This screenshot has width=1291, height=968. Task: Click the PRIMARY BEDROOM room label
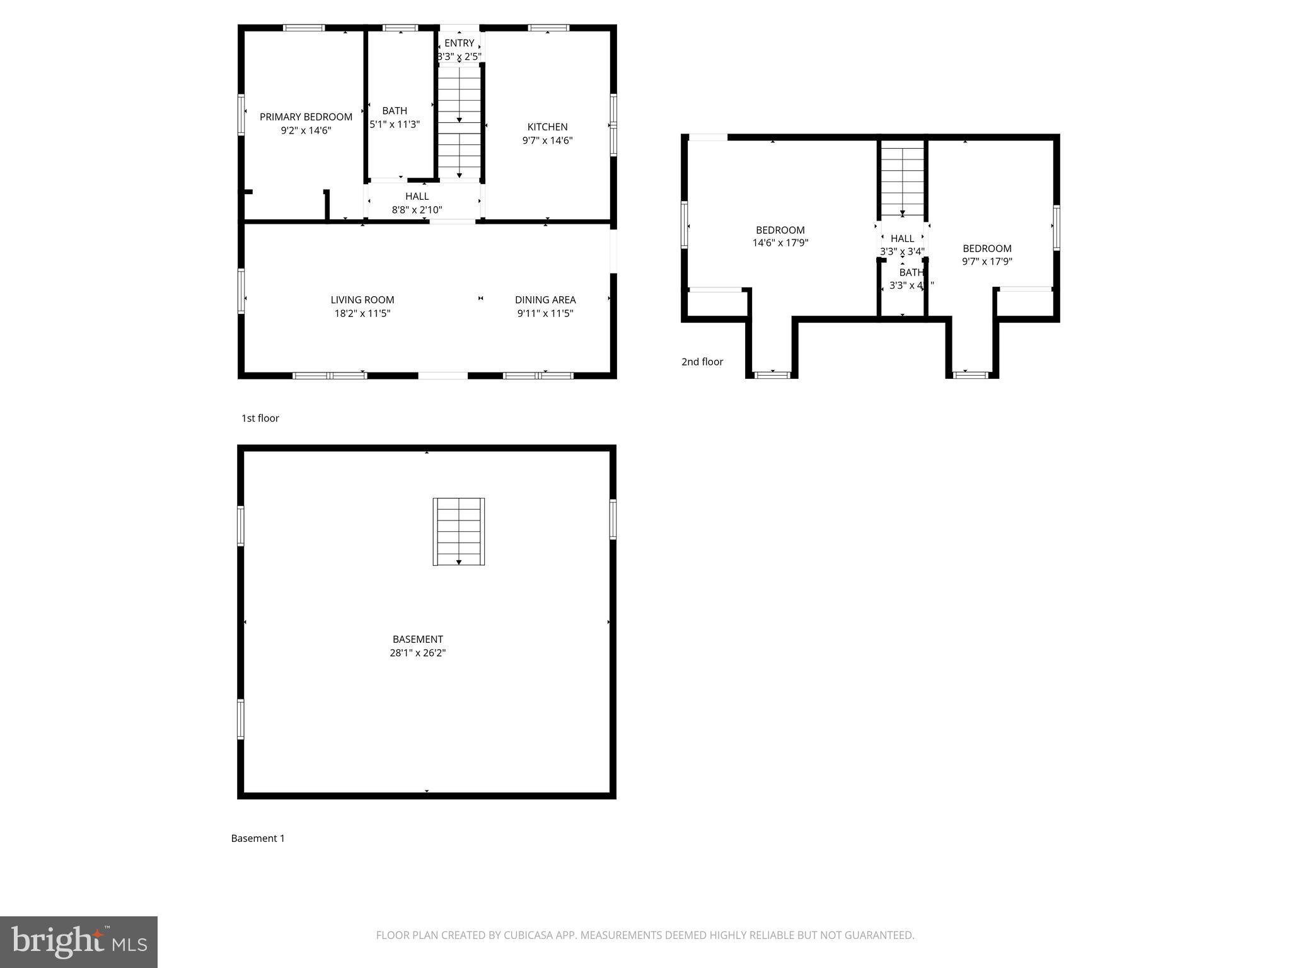[x=306, y=117]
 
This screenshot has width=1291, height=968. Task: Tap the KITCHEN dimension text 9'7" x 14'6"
[x=547, y=141]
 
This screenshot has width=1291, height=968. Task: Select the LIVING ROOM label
[x=362, y=300]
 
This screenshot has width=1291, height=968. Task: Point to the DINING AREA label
[x=545, y=300]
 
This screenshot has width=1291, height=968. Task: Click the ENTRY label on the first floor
[x=459, y=43]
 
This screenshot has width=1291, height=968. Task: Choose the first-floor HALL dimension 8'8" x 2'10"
[x=417, y=210]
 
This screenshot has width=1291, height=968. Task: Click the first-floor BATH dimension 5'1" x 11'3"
[x=395, y=124]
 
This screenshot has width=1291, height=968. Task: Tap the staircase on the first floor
[x=460, y=120]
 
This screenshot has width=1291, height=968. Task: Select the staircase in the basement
[x=459, y=531]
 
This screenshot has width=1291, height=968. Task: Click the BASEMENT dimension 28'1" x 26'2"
[x=417, y=653]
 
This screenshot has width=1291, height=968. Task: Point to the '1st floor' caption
[x=260, y=418]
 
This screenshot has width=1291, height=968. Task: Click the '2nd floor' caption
[x=702, y=362]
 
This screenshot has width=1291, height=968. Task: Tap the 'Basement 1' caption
[x=258, y=838]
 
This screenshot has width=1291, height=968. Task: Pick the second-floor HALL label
[x=902, y=238]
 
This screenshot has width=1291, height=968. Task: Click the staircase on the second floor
[x=903, y=180]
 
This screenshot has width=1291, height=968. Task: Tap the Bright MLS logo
[x=79, y=942]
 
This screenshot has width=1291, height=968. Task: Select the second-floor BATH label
[x=911, y=272]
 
